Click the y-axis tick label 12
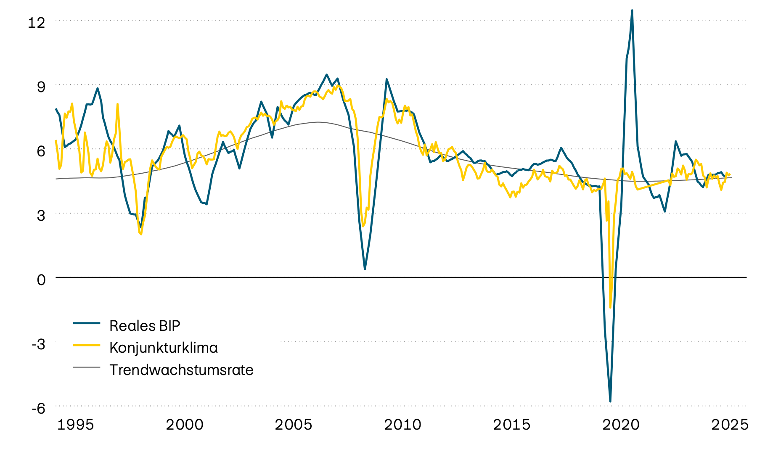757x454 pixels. click(x=36, y=22)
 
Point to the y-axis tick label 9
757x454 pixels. click(x=41, y=87)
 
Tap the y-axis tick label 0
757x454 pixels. click(x=41, y=279)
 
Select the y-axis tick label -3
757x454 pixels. click(x=38, y=343)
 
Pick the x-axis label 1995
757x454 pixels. click(x=75, y=425)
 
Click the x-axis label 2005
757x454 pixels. click(x=294, y=425)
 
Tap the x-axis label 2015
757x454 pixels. click(x=511, y=425)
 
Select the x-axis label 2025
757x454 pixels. click(x=730, y=425)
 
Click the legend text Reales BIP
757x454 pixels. click(x=145, y=325)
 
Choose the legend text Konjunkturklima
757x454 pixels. click(x=164, y=348)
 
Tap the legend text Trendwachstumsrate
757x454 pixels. click(x=181, y=370)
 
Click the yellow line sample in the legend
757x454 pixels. click(x=87, y=345)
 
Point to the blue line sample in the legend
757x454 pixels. click(x=87, y=323)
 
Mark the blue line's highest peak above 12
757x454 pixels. click(x=632, y=11)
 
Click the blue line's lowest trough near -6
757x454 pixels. click(x=610, y=401)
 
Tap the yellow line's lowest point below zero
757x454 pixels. click(x=610, y=307)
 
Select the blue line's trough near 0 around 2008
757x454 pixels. click(x=365, y=269)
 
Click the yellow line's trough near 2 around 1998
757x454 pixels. click(x=141, y=234)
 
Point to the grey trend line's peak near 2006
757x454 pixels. click(x=318, y=122)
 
